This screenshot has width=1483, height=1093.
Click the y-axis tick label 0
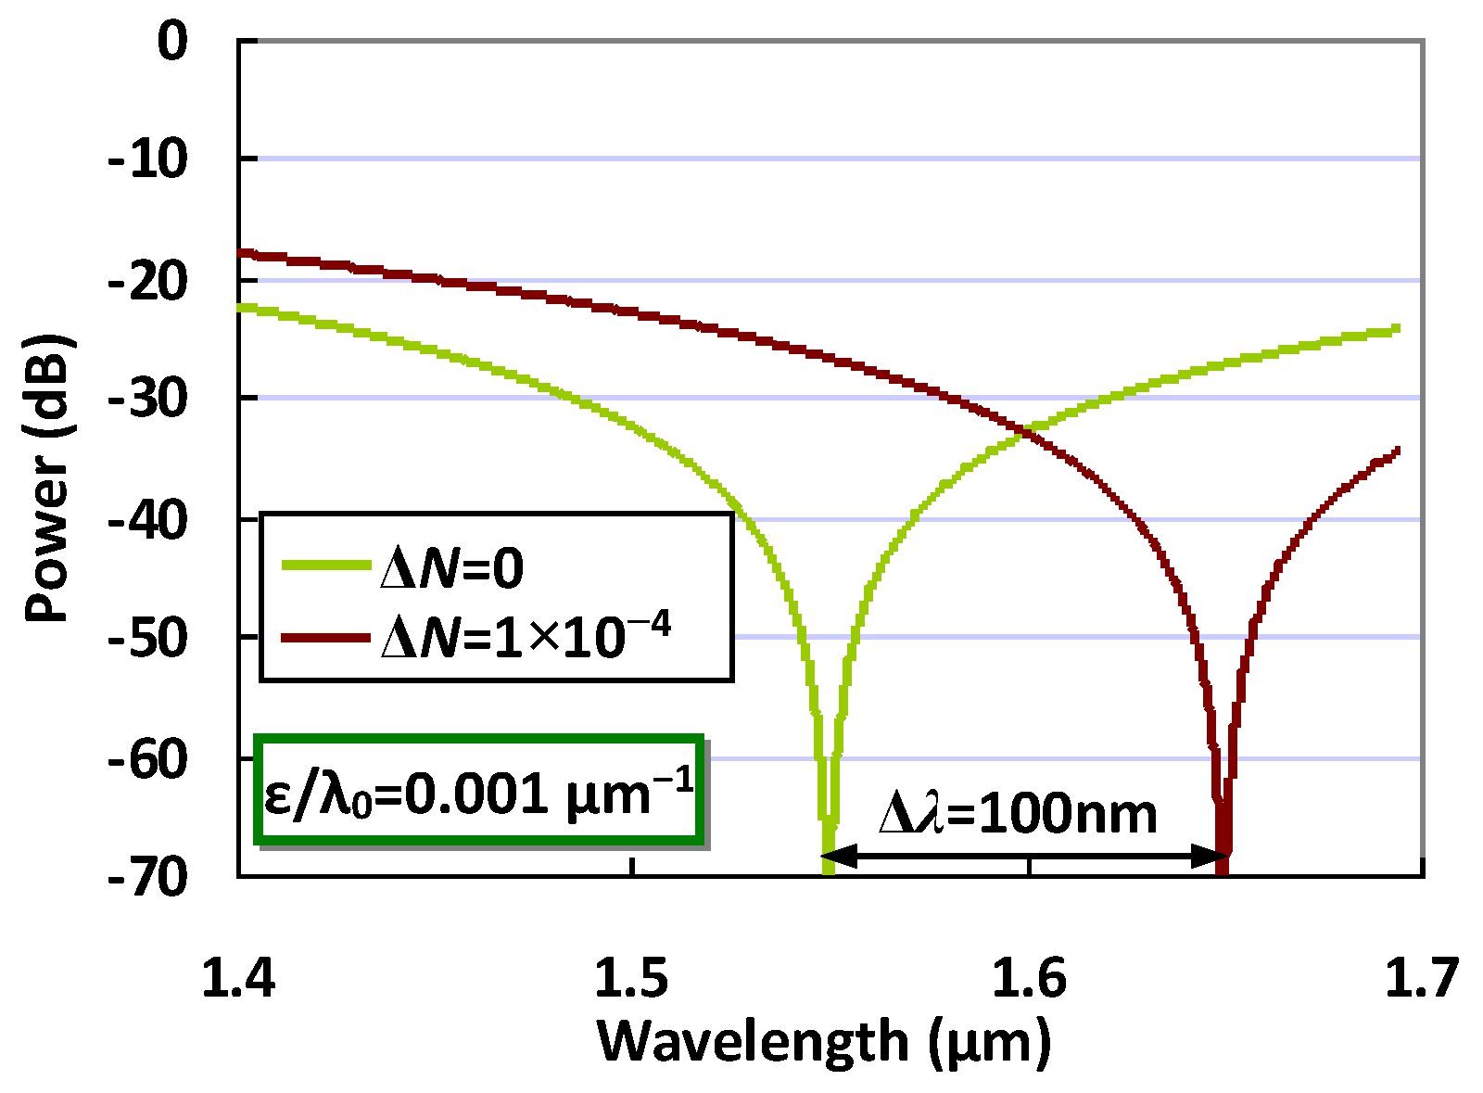click(172, 43)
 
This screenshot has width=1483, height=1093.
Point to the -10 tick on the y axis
click(149, 162)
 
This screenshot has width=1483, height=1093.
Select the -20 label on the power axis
click(149, 282)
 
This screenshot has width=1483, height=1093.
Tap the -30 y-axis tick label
click(149, 400)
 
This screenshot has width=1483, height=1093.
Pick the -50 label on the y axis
click(149, 640)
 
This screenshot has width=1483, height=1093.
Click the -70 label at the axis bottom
click(149, 878)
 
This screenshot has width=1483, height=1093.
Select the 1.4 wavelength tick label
click(238, 979)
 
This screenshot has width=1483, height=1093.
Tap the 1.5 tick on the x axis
click(632, 979)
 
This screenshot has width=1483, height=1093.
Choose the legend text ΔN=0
click(452, 568)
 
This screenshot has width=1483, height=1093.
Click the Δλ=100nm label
click(1018, 814)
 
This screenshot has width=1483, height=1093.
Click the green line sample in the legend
click(324, 564)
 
